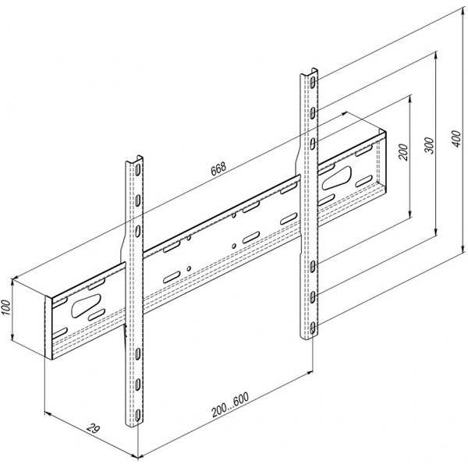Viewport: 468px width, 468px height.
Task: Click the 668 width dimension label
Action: pyautogui.click(x=218, y=169)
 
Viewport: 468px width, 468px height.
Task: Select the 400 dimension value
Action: pyautogui.click(x=456, y=138)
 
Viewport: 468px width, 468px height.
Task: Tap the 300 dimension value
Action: pyautogui.click(x=429, y=145)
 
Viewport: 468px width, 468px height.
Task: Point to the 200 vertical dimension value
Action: pyautogui.click(x=403, y=152)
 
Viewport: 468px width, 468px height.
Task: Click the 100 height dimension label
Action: pyautogui.click(x=5, y=307)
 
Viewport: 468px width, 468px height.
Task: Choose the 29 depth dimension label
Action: pyautogui.click(x=93, y=429)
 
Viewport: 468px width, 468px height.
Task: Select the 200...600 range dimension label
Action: pyautogui.click(x=230, y=405)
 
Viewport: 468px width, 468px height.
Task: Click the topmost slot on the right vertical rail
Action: pyautogui.click(x=312, y=82)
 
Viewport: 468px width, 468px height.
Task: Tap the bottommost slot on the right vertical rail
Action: pyautogui.click(x=312, y=328)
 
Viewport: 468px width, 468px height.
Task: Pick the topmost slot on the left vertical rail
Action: pyautogui.click(x=137, y=170)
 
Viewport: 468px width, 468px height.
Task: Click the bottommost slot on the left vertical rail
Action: pyautogui.click(x=137, y=415)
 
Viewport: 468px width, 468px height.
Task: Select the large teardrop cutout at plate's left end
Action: pyautogui.click(x=86, y=306)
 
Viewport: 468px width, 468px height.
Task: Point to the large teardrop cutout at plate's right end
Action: pyautogui.click(x=336, y=178)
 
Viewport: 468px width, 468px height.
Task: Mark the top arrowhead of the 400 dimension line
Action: pyautogui.click(x=463, y=10)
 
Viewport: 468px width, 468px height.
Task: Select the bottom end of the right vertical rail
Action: pyautogui.click(x=309, y=337)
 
